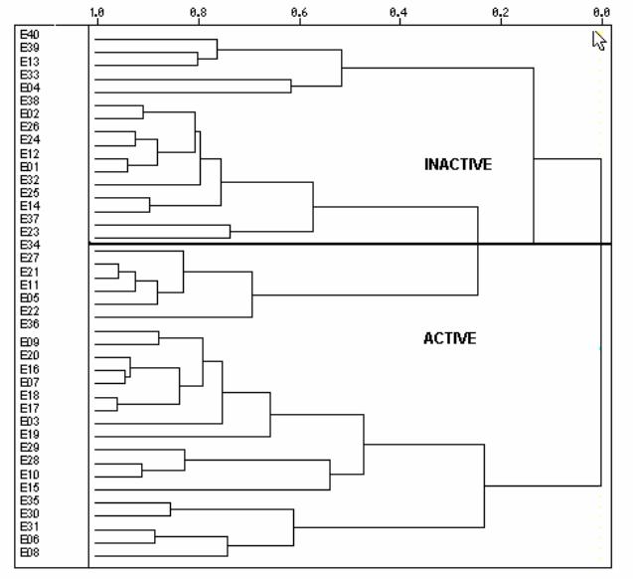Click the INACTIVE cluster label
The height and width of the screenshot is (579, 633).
(458, 164)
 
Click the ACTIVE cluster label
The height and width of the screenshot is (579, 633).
(450, 338)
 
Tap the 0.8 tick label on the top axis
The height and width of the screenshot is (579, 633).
(198, 13)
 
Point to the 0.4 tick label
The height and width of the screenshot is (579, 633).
(398, 13)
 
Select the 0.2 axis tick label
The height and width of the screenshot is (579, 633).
(500, 13)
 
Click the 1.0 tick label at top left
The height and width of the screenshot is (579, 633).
(96, 13)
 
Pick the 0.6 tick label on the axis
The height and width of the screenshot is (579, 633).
(299, 13)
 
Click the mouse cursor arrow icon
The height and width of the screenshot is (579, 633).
(599, 41)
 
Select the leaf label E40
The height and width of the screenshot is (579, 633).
(30, 35)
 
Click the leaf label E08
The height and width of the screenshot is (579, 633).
(30, 552)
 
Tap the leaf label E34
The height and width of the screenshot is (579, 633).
(30, 245)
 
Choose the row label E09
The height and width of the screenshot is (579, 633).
(30, 342)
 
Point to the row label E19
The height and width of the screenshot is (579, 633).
(30, 435)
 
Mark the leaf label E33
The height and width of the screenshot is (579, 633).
(30, 75)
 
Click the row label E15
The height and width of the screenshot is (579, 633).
(30, 487)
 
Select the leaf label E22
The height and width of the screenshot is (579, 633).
(30, 310)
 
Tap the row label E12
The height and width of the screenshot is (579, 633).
(30, 153)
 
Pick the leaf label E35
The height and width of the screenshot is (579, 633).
(30, 500)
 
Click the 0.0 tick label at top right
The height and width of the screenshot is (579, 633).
(601, 13)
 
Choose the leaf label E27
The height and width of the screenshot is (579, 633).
(30, 258)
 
